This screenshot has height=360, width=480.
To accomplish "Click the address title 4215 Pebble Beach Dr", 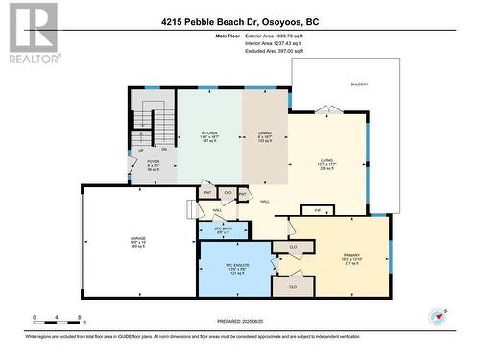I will coord(239,22).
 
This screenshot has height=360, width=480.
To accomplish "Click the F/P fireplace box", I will coord(318,207).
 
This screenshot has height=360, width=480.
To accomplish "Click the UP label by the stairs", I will coord(140,150).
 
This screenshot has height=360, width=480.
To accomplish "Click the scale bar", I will coord(58,319).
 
